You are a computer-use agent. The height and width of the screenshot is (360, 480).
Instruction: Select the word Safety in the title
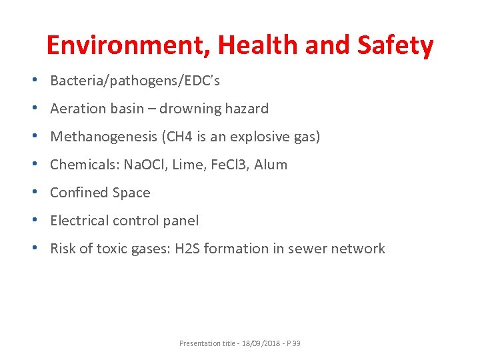click(395, 45)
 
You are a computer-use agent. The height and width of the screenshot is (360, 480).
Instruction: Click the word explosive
click(257, 137)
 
